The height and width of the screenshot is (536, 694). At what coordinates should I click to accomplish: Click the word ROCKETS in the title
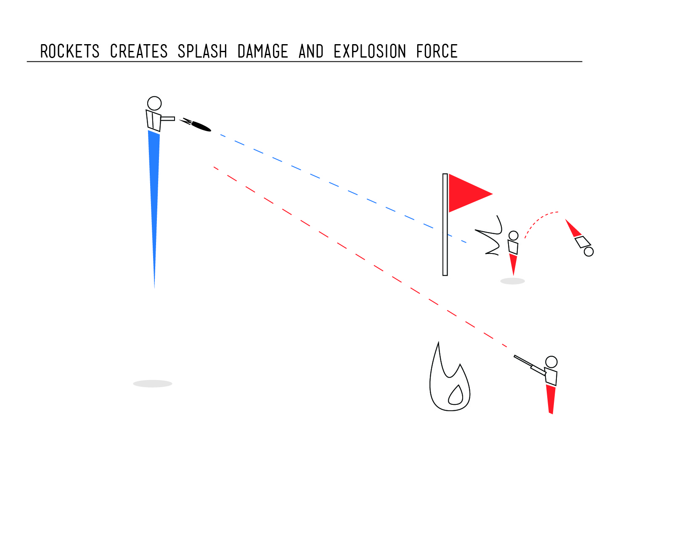pyautogui.click(x=70, y=51)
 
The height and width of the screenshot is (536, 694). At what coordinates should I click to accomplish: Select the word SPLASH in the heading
pyautogui.click(x=202, y=51)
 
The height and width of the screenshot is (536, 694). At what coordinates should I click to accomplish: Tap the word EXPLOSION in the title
pyautogui.click(x=370, y=51)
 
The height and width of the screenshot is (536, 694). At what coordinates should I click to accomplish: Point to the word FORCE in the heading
pyautogui.click(x=437, y=51)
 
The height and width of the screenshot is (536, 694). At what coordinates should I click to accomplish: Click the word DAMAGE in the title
pyautogui.click(x=263, y=51)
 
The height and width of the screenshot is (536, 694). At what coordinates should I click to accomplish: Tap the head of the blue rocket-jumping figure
pyautogui.click(x=154, y=103)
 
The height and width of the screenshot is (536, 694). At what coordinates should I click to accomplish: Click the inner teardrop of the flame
pyautogui.click(x=456, y=395)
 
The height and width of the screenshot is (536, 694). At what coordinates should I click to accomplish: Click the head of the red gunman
pyautogui.click(x=551, y=362)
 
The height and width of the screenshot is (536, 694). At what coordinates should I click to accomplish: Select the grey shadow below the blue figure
pyautogui.click(x=153, y=383)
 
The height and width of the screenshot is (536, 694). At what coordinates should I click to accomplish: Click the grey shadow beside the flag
pyautogui.click(x=512, y=281)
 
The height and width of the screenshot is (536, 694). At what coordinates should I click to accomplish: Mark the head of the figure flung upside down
pyautogui.click(x=589, y=251)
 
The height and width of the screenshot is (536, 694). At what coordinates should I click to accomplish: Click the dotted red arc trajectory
pyautogui.click(x=538, y=218)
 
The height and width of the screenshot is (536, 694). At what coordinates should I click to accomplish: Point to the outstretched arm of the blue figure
pyautogui.click(x=168, y=119)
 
